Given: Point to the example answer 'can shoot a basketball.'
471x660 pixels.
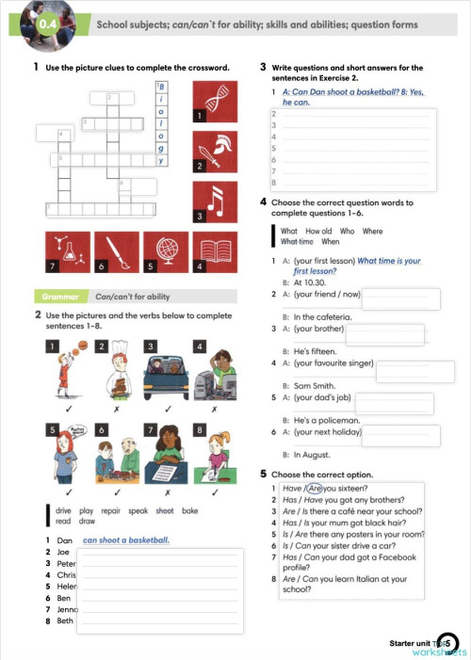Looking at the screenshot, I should (x=126, y=540).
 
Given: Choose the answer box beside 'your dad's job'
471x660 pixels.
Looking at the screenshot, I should (x=398, y=403).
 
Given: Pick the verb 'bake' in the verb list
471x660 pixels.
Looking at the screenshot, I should (x=191, y=509).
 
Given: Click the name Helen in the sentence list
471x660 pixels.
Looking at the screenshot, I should (x=67, y=586).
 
